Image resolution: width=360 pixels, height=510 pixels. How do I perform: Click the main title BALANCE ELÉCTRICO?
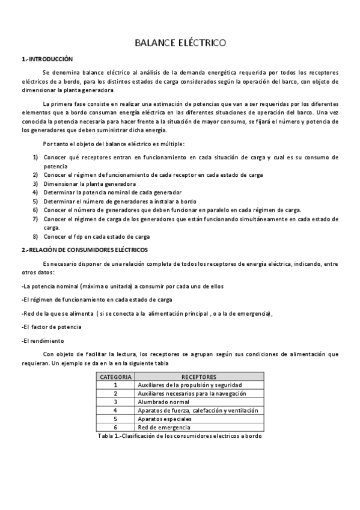point(180,43)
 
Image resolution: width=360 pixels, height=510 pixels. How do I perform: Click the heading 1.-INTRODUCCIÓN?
point(46,60)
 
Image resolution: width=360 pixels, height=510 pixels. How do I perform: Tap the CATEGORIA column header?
point(115,377)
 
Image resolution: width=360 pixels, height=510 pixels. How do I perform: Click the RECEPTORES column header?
point(198,377)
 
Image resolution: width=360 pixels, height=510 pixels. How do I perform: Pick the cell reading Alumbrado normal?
point(164,402)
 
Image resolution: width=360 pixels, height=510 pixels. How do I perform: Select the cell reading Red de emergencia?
point(163,426)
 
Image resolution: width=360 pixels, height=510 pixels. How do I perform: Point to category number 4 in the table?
point(115,410)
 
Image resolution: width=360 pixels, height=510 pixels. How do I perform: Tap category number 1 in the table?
point(115,385)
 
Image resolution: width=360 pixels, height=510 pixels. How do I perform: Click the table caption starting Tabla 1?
point(179,435)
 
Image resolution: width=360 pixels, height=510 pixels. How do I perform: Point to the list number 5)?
point(35,201)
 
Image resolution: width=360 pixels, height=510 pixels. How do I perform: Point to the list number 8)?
point(35,236)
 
